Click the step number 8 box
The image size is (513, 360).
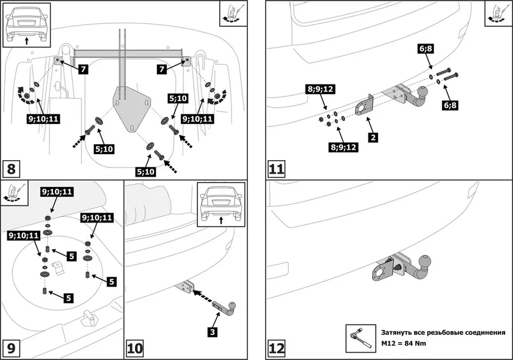pos(13,167)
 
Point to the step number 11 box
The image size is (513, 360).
pos(277,167)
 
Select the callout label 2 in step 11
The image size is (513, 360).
pos(372,138)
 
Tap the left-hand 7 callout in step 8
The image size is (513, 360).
pos(83,70)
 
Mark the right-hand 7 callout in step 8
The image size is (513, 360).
pos(162,70)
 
